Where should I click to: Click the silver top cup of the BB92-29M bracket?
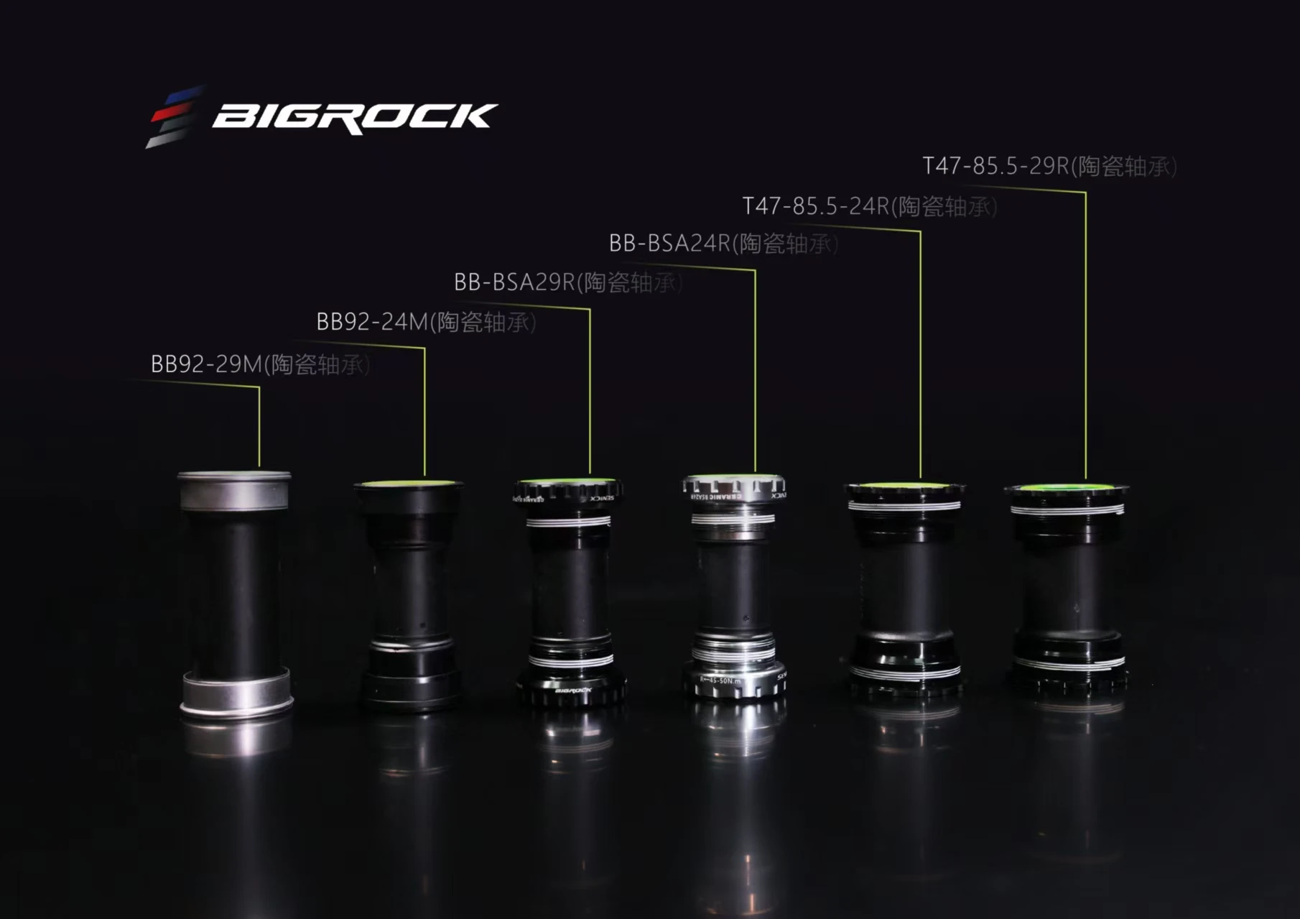pyautogui.click(x=234, y=491)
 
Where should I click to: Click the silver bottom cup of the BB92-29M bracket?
pyautogui.click(x=236, y=694)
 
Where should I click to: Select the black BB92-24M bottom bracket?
pyautogui.click(x=409, y=596)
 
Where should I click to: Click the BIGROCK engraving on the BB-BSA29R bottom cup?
pyautogui.click(x=573, y=691)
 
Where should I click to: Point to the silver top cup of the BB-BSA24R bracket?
pyautogui.click(x=733, y=489)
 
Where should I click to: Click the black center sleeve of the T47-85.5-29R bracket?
pyautogui.click(x=1067, y=589)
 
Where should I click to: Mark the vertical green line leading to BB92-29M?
pyautogui.click(x=259, y=428)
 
